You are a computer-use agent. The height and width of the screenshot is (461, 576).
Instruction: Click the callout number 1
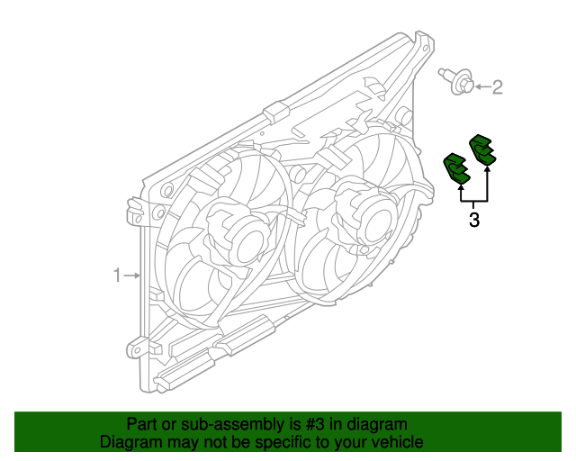(116, 275)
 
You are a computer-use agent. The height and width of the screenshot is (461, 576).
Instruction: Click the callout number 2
(497, 87)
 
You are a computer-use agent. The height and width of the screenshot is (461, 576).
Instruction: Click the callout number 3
(474, 219)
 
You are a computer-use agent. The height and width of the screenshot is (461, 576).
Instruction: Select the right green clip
(482, 149)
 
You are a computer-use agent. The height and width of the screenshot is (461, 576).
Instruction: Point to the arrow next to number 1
(131, 275)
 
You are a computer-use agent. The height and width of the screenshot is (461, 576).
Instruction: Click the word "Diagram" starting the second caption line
(130, 442)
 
